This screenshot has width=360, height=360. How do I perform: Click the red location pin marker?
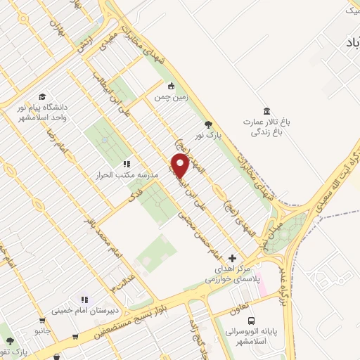click(181, 166)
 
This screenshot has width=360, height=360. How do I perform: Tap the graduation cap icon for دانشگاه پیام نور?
click(42, 96)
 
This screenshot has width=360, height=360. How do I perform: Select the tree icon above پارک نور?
click(207, 124)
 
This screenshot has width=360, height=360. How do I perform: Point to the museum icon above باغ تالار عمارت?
click(266, 111)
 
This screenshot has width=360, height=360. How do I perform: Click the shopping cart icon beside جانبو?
click(75, 336)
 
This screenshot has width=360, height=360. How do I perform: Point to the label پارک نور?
click(207, 136)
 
